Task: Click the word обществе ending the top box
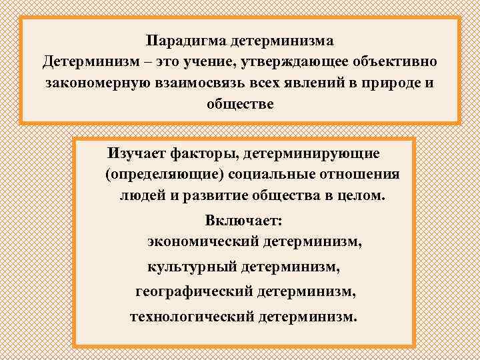tap(240, 105)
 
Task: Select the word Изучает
tap(133, 154)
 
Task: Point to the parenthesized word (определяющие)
tap(160, 175)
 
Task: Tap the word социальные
tap(273, 175)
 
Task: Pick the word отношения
tap(363, 175)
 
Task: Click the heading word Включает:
tap(244, 219)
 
